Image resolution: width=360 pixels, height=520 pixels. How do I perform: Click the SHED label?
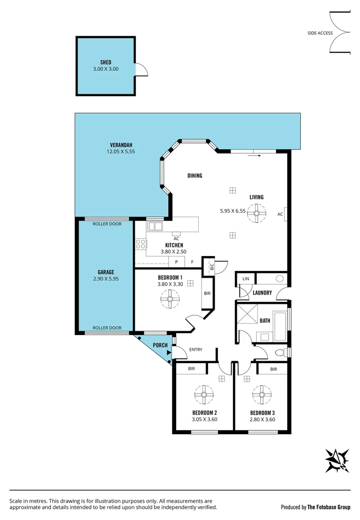tap(105, 62)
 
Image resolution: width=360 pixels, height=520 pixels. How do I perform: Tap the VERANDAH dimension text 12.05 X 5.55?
tap(121, 152)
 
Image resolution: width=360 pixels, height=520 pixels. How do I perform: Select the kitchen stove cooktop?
tap(141, 244)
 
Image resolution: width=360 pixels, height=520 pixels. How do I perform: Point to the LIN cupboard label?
tap(246, 279)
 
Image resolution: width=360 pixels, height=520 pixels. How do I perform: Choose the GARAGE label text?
tap(105, 272)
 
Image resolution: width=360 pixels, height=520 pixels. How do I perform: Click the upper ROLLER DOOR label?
tap(107, 223)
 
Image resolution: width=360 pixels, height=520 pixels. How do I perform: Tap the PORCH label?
tap(159, 345)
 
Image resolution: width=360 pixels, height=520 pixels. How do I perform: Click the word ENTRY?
tap(196, 350)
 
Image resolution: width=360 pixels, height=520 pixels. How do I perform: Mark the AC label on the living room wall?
tap(280, 214)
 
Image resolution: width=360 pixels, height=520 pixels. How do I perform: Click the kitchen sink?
tap(155, 226)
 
